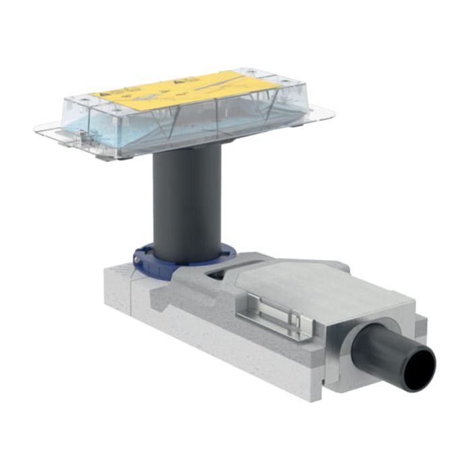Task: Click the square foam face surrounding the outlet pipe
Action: coord(376,336)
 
